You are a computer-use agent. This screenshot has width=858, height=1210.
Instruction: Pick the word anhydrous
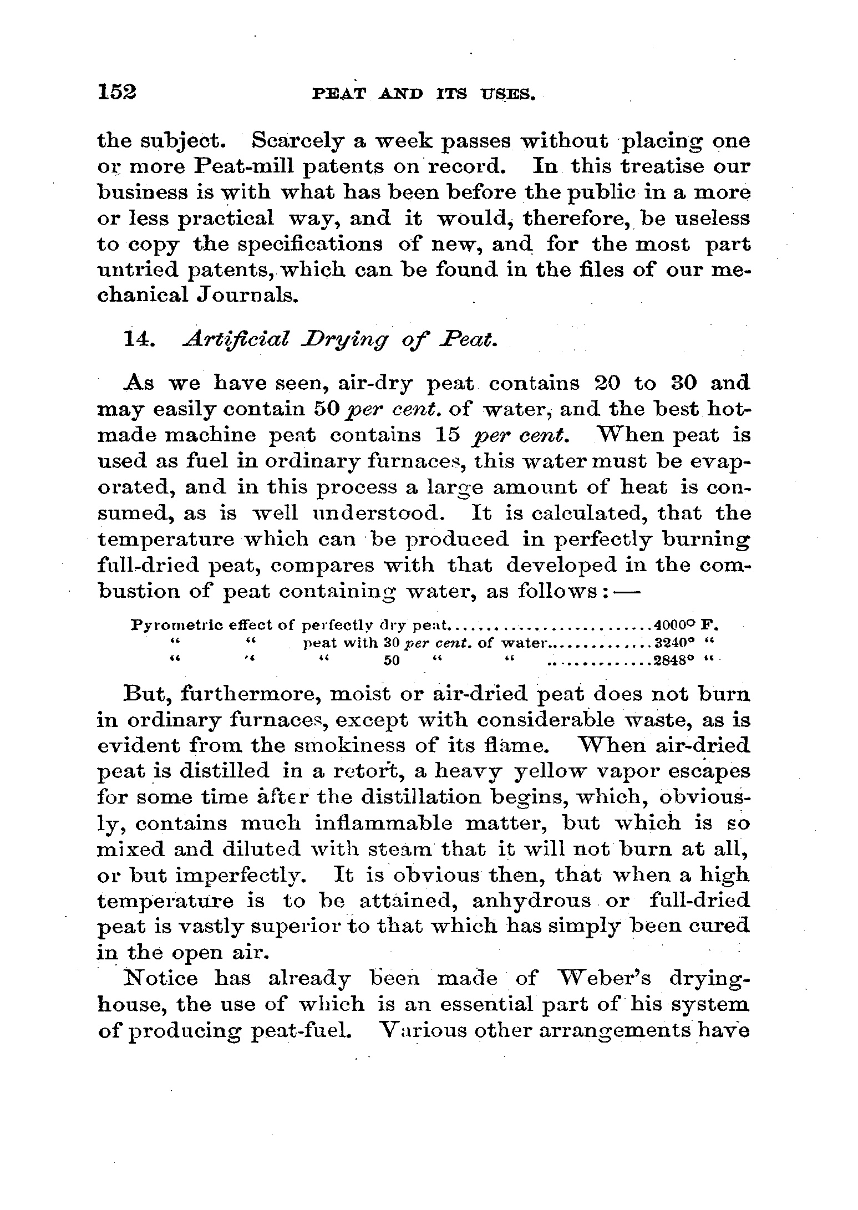(x=531, y=900)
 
